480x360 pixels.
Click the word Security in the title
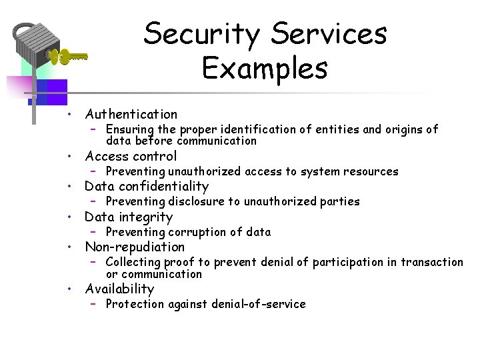click(201, 33)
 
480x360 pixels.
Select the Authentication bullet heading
click(131, 114)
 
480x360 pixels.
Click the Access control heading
click(131, 156)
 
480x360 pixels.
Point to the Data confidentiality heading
click(147, 186)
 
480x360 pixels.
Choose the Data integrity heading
click(129, 217)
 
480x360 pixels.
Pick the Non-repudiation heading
click(135, 247)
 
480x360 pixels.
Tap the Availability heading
click(119, 289)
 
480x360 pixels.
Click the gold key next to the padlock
click(69, 57)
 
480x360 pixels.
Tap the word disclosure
click(195, 201)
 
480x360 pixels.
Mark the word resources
click(371, 171)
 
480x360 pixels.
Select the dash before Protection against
click(95, 304)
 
